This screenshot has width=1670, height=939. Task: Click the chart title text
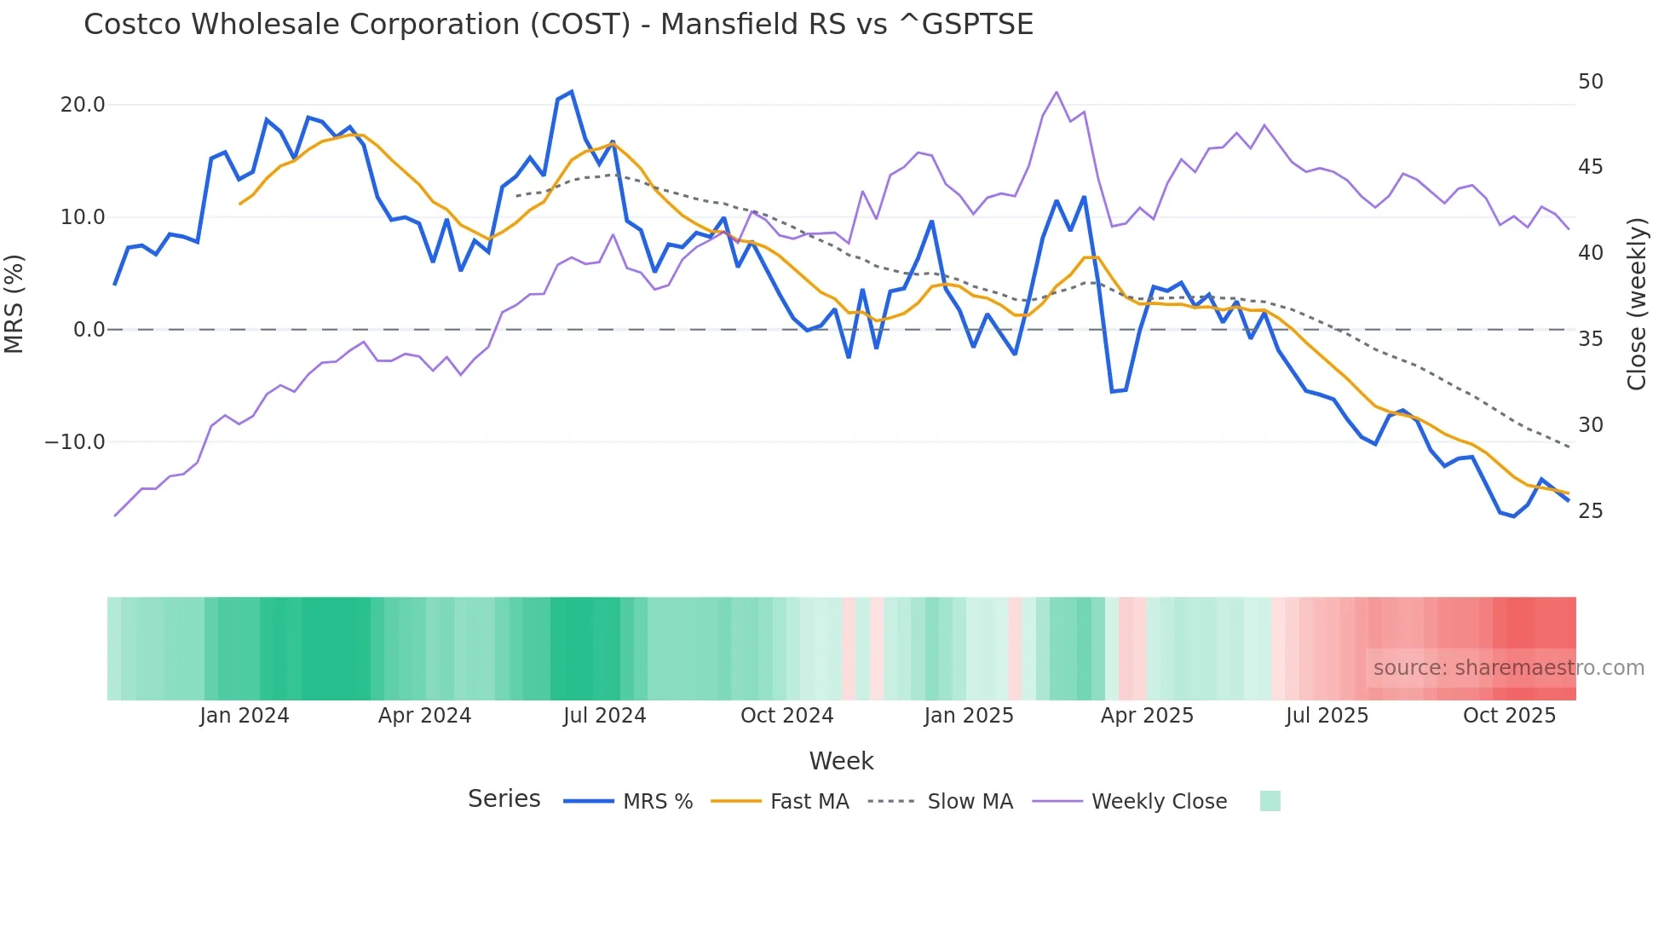(x=558, y=25)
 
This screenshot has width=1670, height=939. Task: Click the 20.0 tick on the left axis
(x=82, y=105)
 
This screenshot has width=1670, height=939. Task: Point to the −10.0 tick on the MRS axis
(x=75, y=442)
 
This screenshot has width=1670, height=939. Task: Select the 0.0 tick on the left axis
(x=89, y=330)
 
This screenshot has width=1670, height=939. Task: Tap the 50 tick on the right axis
(x=1590, y=82)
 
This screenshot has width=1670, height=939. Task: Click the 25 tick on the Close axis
(x=1590, y=511)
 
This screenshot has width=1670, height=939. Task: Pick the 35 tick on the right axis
(x=1590, y=339)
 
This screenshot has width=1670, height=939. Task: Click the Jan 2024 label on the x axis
(x=245, y=716)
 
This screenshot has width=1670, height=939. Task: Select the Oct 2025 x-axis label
(x=1509, y=716)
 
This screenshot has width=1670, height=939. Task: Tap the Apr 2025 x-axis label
(x=1147, y=716)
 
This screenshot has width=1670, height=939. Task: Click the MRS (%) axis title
(x=14, y=304)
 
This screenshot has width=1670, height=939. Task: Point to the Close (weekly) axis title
(x=1637, y=304)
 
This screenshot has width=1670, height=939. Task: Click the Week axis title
(x=841, y=761)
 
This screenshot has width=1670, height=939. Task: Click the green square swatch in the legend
(x=1270, y=801)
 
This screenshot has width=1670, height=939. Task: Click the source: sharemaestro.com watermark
(x=1508, y=668)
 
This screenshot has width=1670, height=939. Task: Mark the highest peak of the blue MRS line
(x=572, y=91)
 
